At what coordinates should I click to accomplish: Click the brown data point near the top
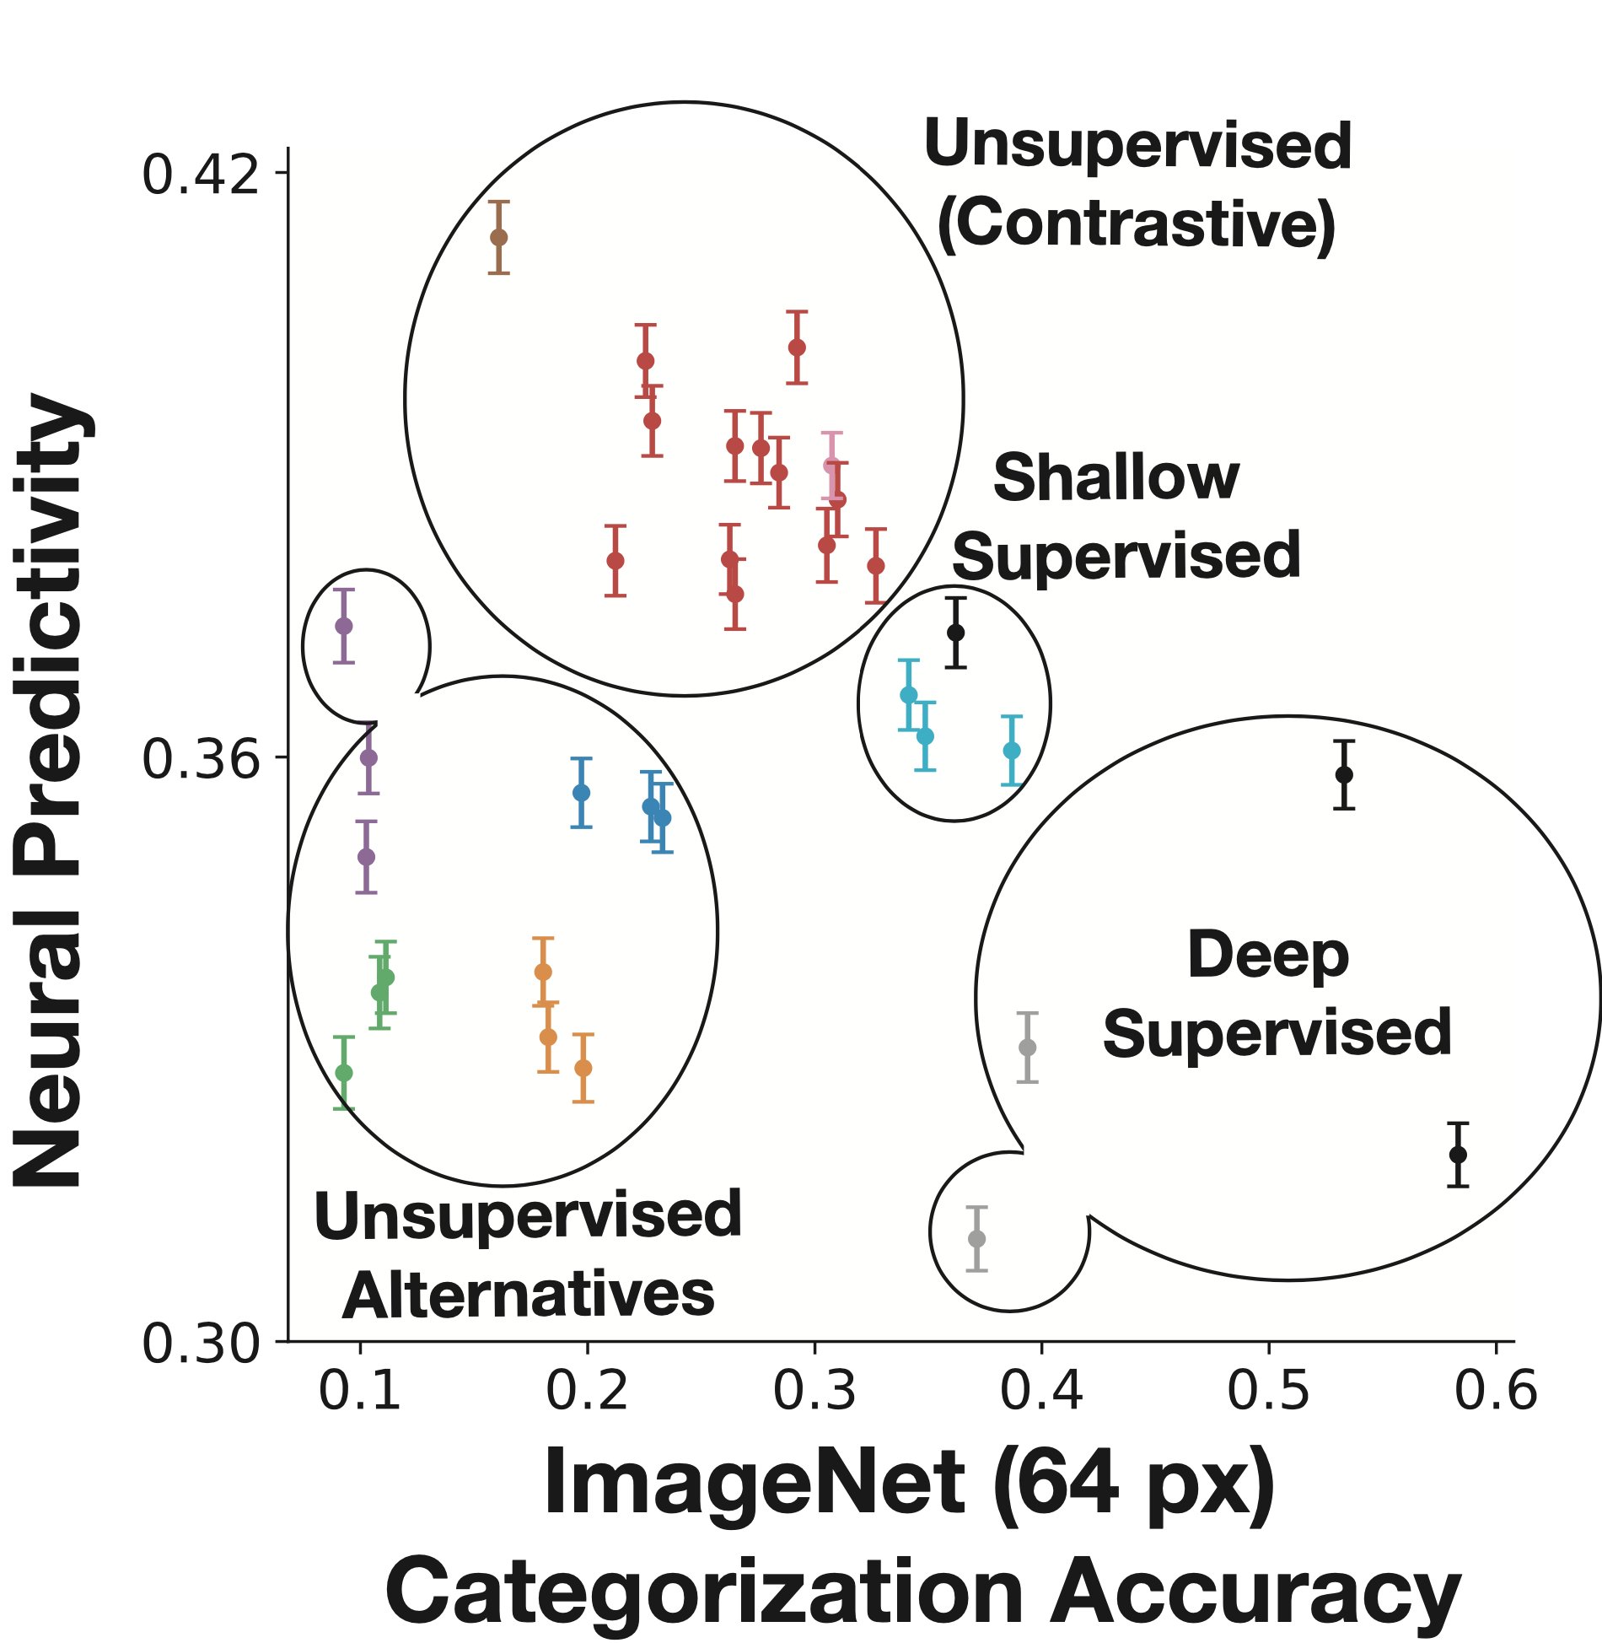tap(499, 237)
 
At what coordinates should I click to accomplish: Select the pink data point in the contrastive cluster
tap(831, 466)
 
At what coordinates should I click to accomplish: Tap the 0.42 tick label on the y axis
tap(200, 175)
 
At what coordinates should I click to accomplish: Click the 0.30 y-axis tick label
tap(200, 1343)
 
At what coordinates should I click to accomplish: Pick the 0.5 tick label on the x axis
tap(1268, 1390)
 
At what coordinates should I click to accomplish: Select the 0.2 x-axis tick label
tap(587, 1390)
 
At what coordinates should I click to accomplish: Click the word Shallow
tap(1115, 478)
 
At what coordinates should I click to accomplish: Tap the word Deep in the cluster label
tap(1267, 956)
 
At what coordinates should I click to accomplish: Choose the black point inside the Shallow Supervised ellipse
tap(955, 633)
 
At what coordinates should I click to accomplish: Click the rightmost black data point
tap(1458, 1154)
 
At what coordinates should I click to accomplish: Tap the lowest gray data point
tap(976, 1238)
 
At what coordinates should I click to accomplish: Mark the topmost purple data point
tap(343, 626)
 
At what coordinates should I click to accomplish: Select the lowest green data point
tap(343, 1072)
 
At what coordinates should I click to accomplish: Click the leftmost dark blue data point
tap(581, 793)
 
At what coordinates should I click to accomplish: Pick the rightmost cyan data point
tap(1012, 750)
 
